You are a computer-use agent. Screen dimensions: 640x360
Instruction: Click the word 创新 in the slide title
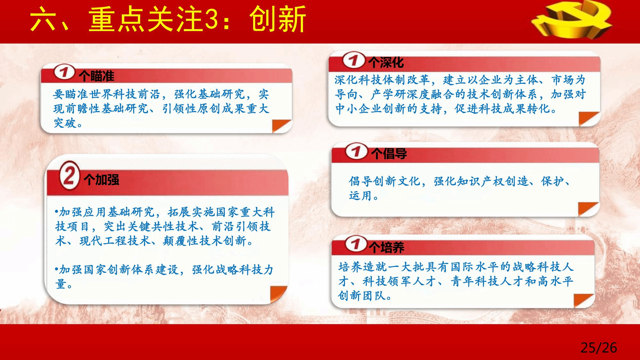click(x=277, y=19)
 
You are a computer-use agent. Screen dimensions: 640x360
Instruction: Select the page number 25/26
click(x=599, y=348)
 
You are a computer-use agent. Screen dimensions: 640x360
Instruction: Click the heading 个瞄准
click(x=96, y=76)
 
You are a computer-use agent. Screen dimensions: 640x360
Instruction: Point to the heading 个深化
click(x=386, y=62)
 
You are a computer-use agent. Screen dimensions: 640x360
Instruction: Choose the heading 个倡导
click(x=389, y=154)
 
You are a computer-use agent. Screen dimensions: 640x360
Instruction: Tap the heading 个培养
click(x=386, y=247)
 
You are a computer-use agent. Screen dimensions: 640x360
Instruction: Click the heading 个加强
click(x=101, y=180)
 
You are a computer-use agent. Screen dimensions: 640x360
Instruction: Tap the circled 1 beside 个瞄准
click(x=64, y=72)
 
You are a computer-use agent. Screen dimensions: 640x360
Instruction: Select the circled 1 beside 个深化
click(x=354, y=60)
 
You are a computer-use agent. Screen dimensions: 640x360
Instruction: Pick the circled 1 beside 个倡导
click(x=356, y=151)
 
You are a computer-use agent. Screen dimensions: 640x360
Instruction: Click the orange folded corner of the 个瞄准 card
click(x=281, y=126)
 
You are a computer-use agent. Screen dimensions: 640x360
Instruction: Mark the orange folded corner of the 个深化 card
click(x=588, y=119)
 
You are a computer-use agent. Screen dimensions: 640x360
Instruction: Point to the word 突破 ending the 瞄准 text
click(x=65, y=123)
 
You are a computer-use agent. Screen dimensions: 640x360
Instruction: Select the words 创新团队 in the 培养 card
click(x=362, y=295)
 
